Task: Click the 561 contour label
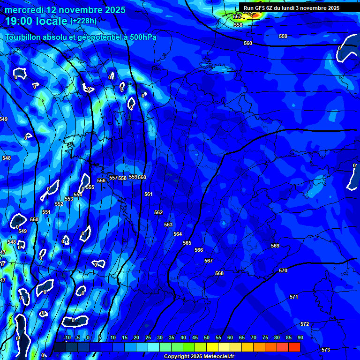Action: [x=149, y=194]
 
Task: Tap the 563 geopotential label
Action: [x=168, y=225]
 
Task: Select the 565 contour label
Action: [x=187, y=243]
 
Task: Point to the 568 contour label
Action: [x=219, y=273]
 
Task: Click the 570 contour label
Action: [x=283, y=271]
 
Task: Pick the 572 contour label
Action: [x=305, y=324]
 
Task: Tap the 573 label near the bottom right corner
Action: [x=326, y=350]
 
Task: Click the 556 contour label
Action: [x=101, y=180]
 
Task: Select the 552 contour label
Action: [x=59, y=204]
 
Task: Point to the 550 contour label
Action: [x=34, y=219]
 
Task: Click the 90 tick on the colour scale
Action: [x=300, y=337]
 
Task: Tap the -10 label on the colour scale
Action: [x=67, y=337]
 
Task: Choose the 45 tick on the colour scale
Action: [x=195, y=337]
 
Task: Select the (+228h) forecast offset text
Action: [x=83, y=21]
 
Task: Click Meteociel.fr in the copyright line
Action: [x=222, y=357]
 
